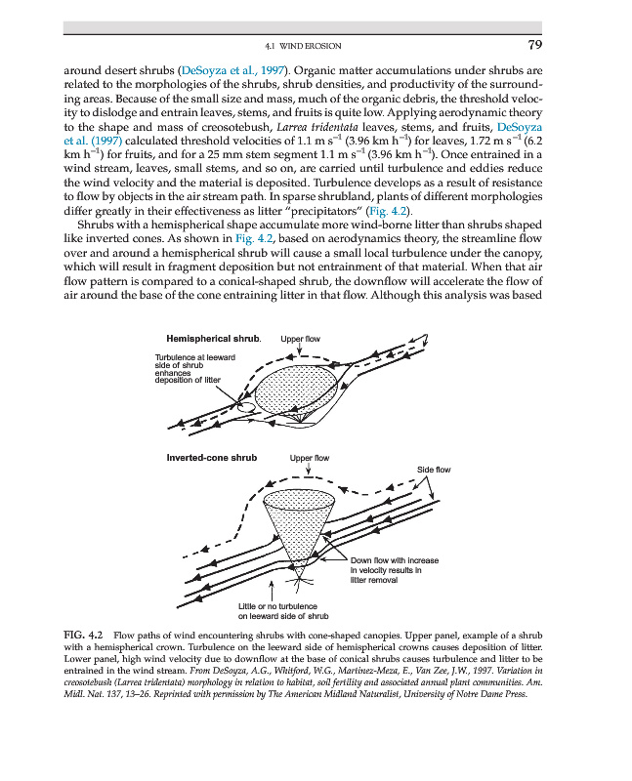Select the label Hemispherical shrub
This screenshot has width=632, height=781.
(214, 339)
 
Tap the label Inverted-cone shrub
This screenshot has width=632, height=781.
(212, 457)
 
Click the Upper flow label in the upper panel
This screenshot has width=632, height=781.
(300, 339)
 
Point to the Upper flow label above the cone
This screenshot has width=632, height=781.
(310, 457)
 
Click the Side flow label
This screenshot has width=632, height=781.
(435, 470)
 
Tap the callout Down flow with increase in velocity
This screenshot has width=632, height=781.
(394, 570)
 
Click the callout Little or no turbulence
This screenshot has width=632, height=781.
(283, 611)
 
